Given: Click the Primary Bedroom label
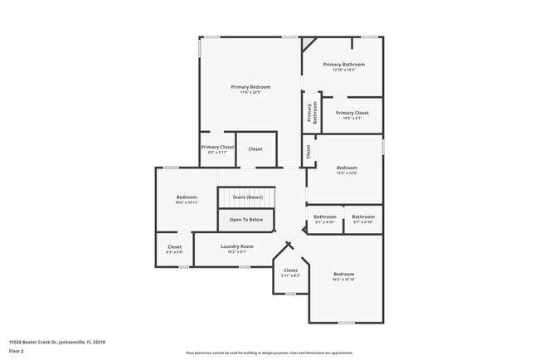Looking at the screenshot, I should [250, 86].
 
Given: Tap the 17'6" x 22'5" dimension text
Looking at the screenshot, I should [250, 92].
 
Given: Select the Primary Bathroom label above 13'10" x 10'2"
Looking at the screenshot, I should [343, 64].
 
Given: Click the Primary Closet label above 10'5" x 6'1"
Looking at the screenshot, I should [352, 113].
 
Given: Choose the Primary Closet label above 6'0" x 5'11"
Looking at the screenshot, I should [217, 147].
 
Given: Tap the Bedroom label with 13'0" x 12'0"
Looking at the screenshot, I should [346, 168].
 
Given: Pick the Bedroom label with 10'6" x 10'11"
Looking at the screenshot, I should [187, 197].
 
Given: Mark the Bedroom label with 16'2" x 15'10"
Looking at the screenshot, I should [343, 274].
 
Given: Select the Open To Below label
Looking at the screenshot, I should [246, 219].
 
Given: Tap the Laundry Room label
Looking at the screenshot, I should [237, 246].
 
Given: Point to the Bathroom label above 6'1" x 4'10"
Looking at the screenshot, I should [324, 217].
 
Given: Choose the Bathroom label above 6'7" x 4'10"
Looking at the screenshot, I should [363, 217].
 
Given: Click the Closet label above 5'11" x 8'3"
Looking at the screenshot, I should [290, 270].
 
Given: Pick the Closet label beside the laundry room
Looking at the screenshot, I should [175, 246].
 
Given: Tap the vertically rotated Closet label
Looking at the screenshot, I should [308, 152].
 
